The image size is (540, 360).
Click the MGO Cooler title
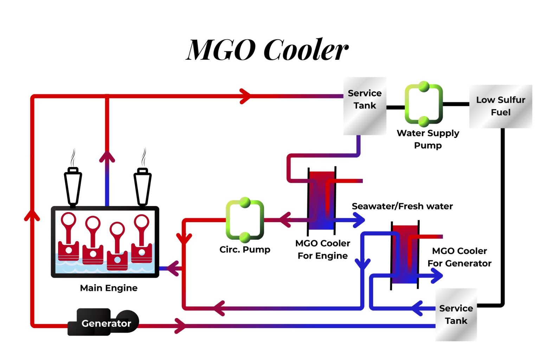(267, 50)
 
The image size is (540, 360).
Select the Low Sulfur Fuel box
(500, 106)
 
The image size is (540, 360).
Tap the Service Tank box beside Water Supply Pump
(365, 106)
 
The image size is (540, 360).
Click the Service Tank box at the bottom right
(456, 315)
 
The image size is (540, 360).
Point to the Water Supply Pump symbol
(424, 104)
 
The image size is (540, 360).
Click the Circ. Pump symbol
(245, 220)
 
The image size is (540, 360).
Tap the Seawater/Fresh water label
(402, 206)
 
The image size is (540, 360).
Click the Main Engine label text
(109, 288)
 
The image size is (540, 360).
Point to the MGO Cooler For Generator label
(459, 257)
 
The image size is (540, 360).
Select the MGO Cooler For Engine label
(322, 249)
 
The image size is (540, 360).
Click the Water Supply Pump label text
(427, 139)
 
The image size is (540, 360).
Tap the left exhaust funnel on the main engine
(73, 186)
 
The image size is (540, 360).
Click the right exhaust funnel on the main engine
(142, 186)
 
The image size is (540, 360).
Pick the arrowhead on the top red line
(245, 96)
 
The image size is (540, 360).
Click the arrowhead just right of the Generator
(180, 326)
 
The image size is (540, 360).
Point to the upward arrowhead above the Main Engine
(107, 157)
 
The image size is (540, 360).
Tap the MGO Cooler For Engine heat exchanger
(322, 200)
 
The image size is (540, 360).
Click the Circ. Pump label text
(245, 250)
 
